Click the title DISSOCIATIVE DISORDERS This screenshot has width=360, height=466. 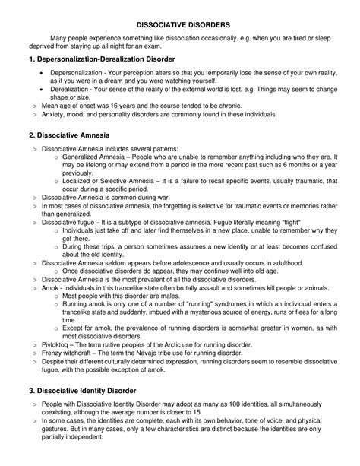coord(179,24)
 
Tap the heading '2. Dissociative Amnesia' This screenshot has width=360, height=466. coord(74,135)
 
